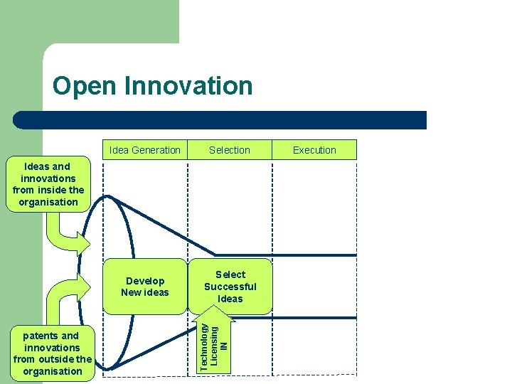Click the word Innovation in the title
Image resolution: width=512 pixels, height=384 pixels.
tap(188, 86)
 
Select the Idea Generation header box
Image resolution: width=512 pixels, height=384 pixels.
tap(145, 150)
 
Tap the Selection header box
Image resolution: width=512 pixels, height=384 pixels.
tap(230, 150)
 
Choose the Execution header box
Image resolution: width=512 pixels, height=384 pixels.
tap(314, 150)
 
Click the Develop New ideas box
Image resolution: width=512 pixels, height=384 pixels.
tap(145, 287)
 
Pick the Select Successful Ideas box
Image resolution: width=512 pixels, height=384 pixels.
tap(230, 287)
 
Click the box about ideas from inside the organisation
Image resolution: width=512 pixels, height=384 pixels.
tap(48, 184)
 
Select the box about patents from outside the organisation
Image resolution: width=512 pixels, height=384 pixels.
tap(53, 353)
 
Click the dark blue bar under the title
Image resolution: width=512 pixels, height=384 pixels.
tap(220, 120)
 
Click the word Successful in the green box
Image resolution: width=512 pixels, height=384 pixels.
tap(230, 287)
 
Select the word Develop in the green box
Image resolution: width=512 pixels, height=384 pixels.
tap(145, 281)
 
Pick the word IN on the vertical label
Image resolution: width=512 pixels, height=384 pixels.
tap(225, 346)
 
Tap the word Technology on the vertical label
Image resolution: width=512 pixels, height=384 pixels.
tap(204, 346)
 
